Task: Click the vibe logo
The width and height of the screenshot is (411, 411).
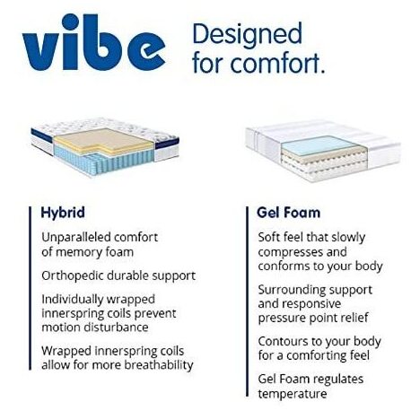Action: coord(93,43)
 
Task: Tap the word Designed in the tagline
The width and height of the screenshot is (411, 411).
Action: coord(247,35)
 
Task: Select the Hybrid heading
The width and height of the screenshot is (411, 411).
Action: coord(63,213)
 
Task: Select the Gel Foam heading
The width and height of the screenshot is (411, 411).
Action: coord(288,213)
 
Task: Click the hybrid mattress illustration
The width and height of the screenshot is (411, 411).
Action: coord(105,148)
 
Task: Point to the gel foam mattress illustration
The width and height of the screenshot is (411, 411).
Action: coord(322,151)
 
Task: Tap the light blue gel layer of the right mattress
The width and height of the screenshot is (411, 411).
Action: coord(319,145)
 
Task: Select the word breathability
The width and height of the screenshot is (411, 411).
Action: coord(159,365)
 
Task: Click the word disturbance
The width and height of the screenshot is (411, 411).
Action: coord(116,328)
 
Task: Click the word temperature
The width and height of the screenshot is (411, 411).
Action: coord(292,394)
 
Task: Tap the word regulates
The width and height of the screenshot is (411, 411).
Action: coord(338,380)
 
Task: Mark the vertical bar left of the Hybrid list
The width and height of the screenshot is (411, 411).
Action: coord(30,288)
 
